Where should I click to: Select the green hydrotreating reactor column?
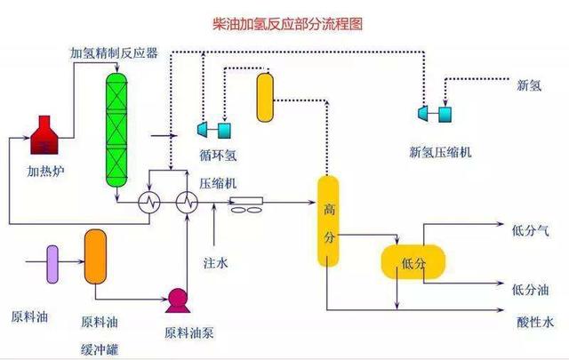pyautogui.click(x=116, y=130)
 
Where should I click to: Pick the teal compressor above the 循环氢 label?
pyautogui.click(x=212, y=130)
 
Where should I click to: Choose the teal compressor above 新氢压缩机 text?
pyautogui.click(x=433, y=113)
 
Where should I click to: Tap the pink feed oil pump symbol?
pyautogui.click(x=176, y=300)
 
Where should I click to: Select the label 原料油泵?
pyautogui.click(x=189, y=333)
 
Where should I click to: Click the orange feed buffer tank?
pyautogui.click(x=95, y=256)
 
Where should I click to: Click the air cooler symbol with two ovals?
pyautogui.click(x=246, y=206)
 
